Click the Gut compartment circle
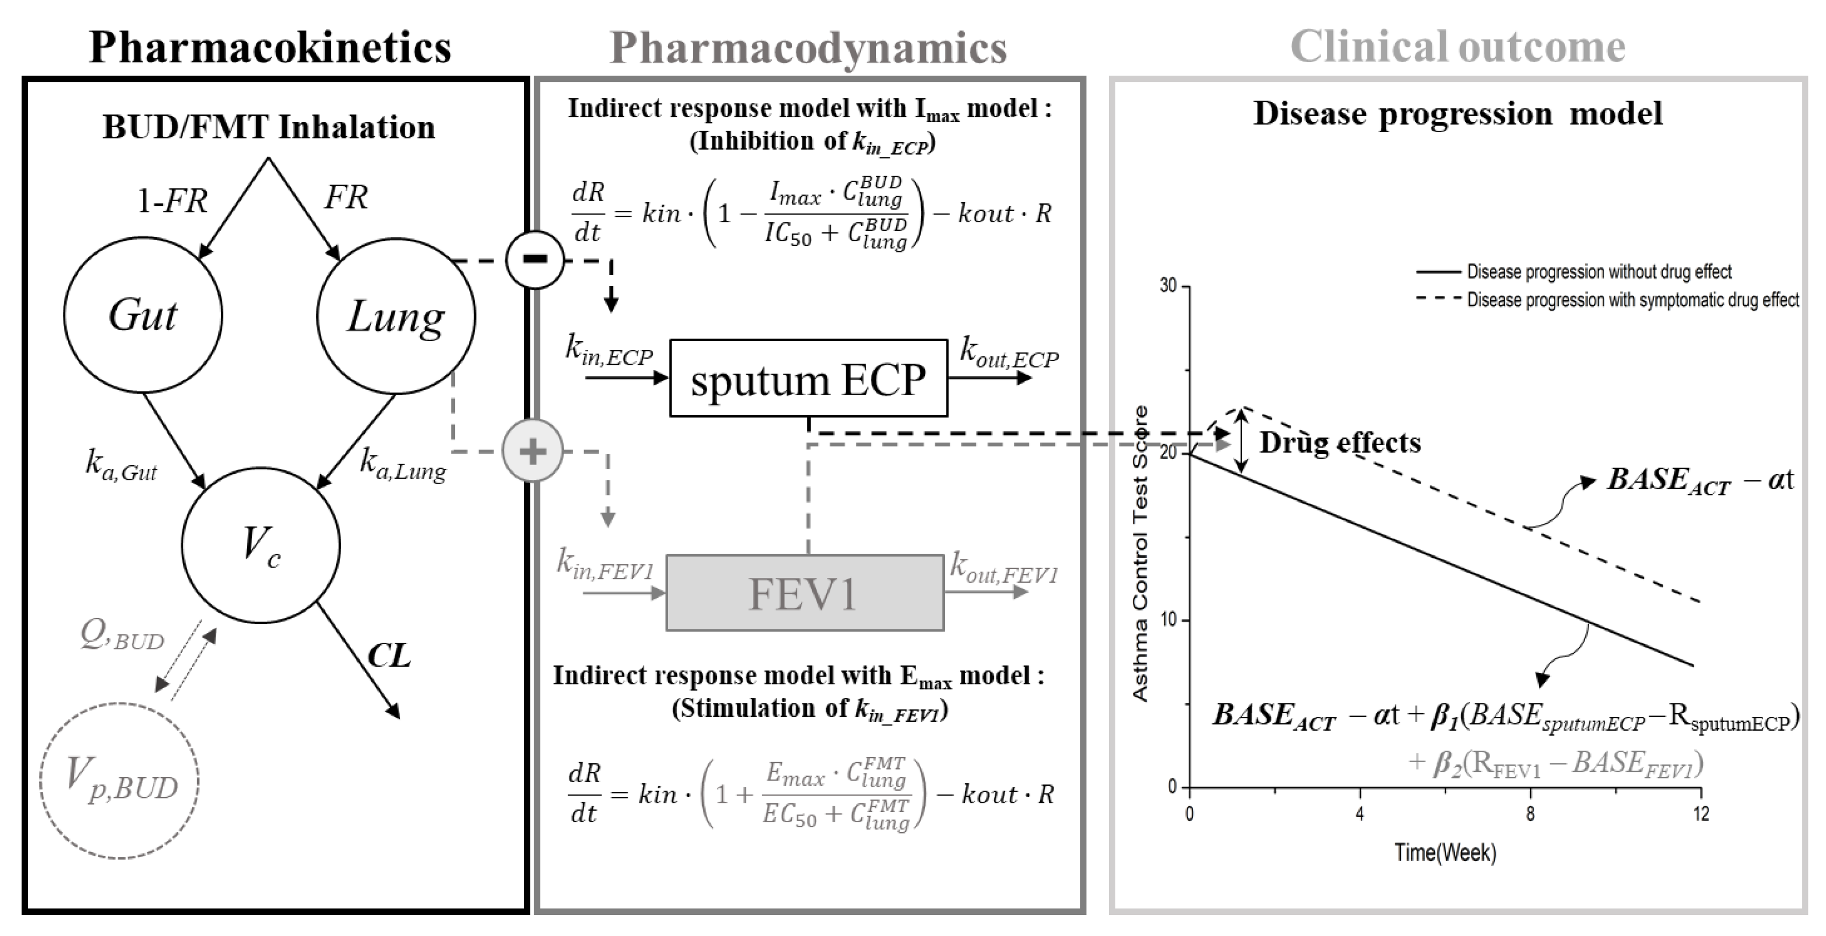tap(143, 314)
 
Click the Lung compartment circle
tap(396, 316)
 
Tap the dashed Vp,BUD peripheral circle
tap(119, 781)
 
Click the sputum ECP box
tap(808, 378)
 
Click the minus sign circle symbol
tap(535, 259)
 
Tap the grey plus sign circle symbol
tap(532, 451)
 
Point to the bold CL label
tap(389, 656)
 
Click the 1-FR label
tap(172, 201)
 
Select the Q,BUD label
tap(122, 635)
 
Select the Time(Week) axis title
tap(1445, 853)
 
